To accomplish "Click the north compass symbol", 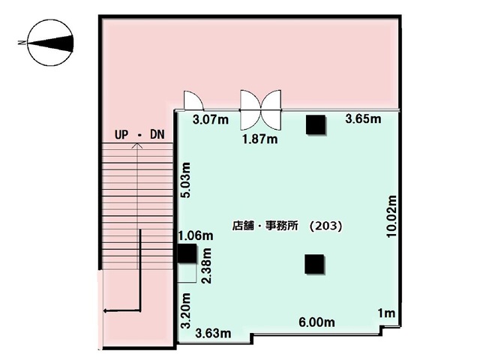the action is [50, 43].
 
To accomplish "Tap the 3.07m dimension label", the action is [211, 119].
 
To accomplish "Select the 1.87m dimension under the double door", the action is [260, 139].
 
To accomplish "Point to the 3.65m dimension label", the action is [363, 118].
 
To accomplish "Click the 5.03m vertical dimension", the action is [185, 180].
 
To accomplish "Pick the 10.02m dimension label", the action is [391, 217].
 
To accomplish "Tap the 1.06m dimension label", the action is [196, 235].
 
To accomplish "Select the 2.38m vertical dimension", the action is [206, 266].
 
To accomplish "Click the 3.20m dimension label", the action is [185, 310].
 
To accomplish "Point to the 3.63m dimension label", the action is [213, 333].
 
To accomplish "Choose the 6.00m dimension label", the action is [316, 322].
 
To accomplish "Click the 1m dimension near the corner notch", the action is [386, 313].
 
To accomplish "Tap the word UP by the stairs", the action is [121, 135].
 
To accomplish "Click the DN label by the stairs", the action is [157, 134].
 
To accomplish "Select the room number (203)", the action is [325, 226].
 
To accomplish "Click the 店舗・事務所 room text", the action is [265, 226].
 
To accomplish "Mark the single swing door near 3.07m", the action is [193, 100].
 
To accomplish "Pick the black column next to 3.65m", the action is [316, 125].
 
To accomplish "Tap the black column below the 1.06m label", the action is [187, 253].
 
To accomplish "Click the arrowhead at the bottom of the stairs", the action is [106, 311].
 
